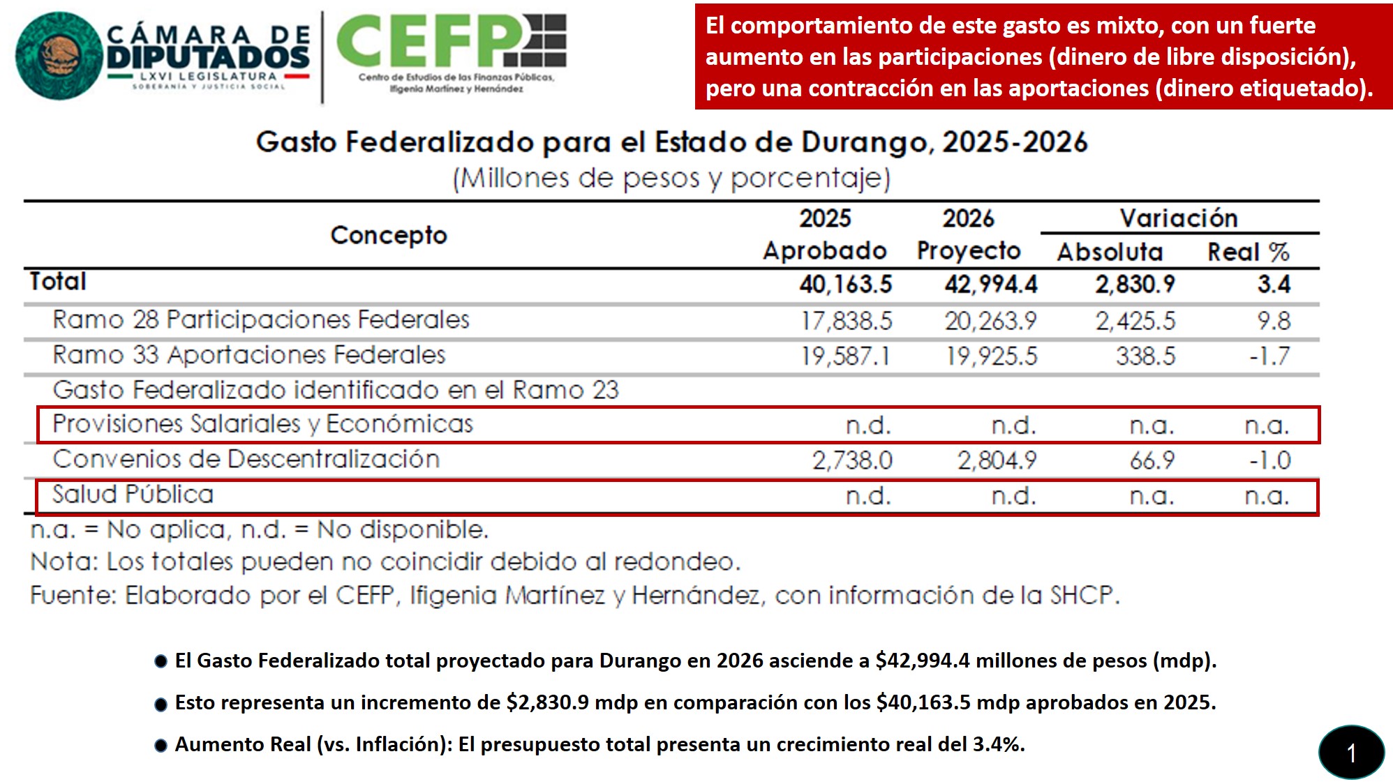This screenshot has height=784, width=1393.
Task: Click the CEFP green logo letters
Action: click(429, 41)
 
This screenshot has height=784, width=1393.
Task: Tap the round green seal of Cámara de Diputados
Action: click(59, 56)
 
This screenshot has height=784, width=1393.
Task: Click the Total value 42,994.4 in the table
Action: click(990, 285)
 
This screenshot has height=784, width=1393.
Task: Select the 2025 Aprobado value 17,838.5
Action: click(846, 321)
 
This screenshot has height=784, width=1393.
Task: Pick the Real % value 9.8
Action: click(1274, 321)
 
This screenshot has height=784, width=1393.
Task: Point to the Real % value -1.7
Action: click(1269, 356)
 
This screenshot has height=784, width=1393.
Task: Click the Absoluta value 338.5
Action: click(1145, 356)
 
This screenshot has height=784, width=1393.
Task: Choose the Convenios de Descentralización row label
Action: click(246, 459)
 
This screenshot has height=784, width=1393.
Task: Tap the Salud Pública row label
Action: click(133, 495)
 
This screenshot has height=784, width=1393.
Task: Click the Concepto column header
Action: click(388, 236)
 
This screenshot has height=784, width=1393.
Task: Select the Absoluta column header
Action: click(1110, 252)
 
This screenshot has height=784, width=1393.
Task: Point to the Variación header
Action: click(1179, 218)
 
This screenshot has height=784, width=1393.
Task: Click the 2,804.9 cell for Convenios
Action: click(997, 460)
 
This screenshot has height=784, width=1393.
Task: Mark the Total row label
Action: click(58, 282)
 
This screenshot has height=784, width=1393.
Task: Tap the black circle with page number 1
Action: click(1351, 753)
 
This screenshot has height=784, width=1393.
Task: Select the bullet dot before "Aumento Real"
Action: click(161, 746)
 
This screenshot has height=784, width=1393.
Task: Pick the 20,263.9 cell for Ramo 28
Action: click(990, 321)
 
